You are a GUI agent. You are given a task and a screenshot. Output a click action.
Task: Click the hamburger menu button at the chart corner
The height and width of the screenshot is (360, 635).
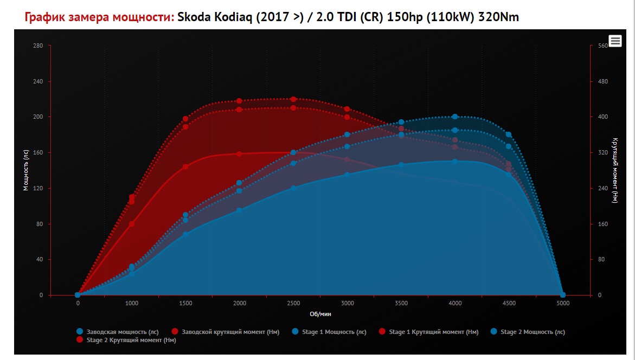click(x=615, y=41)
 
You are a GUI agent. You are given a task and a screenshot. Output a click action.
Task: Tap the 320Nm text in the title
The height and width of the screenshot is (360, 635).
click(x=498, y=17)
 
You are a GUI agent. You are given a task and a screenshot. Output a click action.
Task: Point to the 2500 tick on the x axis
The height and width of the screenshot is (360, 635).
click(x=293, y=303)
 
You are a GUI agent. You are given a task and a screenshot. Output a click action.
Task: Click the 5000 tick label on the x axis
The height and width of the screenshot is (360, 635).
click(x=563, y=303)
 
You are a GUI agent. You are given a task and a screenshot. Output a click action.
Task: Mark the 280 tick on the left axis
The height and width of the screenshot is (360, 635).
click(x=38, y=46)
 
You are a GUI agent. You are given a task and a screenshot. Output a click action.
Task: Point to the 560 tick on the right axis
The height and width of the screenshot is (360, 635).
click(x=602, y=46)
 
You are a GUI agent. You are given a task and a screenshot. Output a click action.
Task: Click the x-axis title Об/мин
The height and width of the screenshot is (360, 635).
click(x=320, y=314)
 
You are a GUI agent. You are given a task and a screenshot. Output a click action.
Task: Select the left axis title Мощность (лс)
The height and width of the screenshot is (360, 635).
click(x=25, y=170)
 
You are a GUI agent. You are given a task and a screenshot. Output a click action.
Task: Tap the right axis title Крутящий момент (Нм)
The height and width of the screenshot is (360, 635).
click(x=614, y=170)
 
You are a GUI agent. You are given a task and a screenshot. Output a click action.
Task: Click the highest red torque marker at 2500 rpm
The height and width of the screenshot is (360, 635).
click(x=293, y=99)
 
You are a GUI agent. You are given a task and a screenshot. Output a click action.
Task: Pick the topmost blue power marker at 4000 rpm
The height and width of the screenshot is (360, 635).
click(x=455, y=117)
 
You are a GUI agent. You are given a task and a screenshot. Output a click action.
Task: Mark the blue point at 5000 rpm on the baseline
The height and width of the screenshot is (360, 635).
click(x=563, y=295)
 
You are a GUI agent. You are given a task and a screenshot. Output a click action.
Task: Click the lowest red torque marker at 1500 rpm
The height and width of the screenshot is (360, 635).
click(x=185, y=166)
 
